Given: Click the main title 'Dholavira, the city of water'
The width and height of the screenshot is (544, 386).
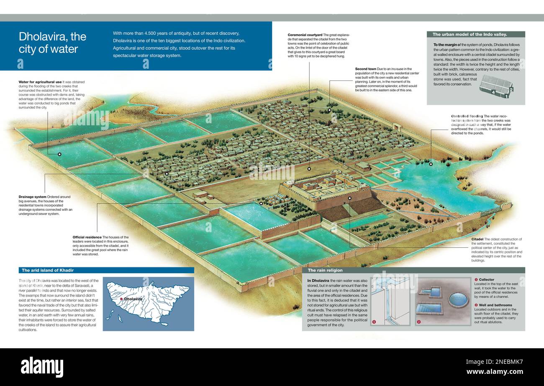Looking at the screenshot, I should [x=52, y=43].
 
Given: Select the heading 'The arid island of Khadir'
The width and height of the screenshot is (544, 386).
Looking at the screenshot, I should [x=48, y=270].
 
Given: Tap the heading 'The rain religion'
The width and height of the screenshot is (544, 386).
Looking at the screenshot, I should [x=325, y=270].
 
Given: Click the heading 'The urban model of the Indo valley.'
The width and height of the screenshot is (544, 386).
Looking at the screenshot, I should [x=470, y=34].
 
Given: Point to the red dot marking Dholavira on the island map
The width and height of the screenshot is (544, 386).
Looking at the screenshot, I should [x=121, y=299].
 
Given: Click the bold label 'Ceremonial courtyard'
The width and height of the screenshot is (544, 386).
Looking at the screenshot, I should [x=305, y=35].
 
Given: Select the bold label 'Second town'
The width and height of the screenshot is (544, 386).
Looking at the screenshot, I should [x=366, y=69].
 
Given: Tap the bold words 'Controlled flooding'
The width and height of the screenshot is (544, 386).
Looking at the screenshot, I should [x=467, y=116].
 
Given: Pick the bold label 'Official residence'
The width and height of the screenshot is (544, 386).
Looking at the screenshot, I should [x=87, y=237].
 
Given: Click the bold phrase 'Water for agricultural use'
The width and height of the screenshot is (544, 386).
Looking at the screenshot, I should [x=40, y=82].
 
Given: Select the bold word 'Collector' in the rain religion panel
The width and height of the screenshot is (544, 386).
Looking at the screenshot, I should [x=486, y=280].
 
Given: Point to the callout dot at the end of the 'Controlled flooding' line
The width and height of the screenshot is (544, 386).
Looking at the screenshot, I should [x=430, y=164].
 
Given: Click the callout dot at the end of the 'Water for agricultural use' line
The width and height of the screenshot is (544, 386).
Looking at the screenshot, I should [x=59, y=154].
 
